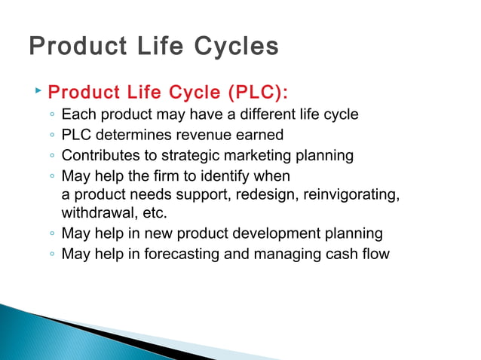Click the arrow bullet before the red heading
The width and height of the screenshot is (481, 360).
[38, 91]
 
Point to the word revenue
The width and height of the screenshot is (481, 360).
[199, 135]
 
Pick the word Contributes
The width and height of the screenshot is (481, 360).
[102, 156]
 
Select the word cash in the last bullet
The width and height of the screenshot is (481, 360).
[345, 253]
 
